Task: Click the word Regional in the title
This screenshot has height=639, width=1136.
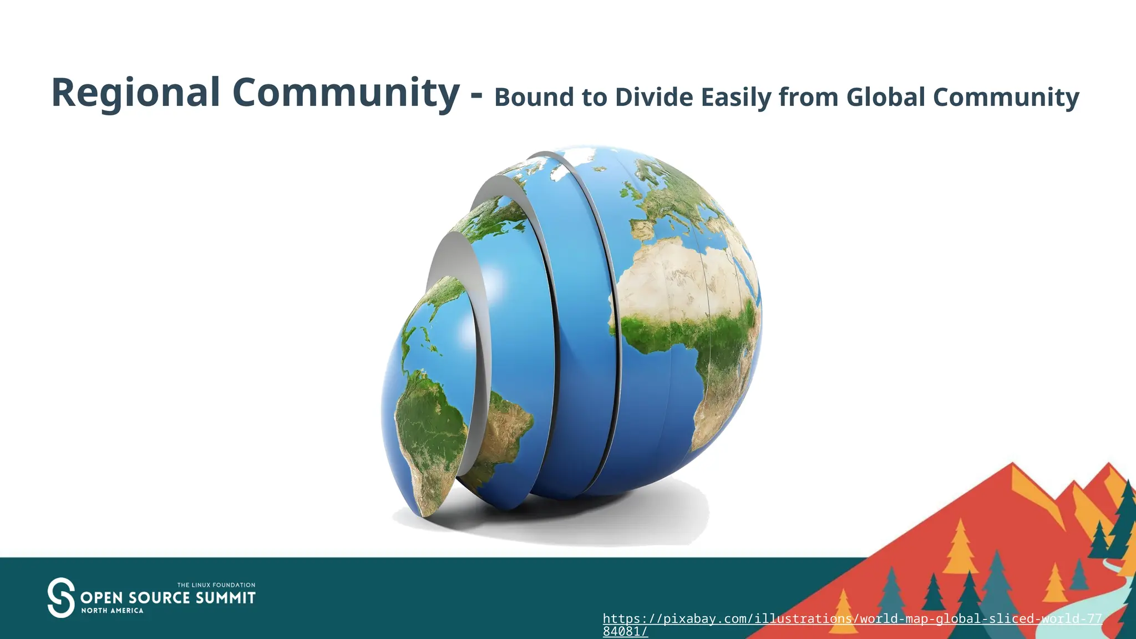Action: click(136, 93)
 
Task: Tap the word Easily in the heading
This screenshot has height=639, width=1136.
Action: click(736, 98)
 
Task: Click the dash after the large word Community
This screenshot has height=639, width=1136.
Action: click(476, 95)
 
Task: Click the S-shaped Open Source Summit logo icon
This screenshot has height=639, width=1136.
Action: click(61, 597)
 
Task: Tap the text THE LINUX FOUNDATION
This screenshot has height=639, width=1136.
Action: click(216, 585)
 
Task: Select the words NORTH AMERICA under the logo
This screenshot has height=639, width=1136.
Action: click(112, 611)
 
